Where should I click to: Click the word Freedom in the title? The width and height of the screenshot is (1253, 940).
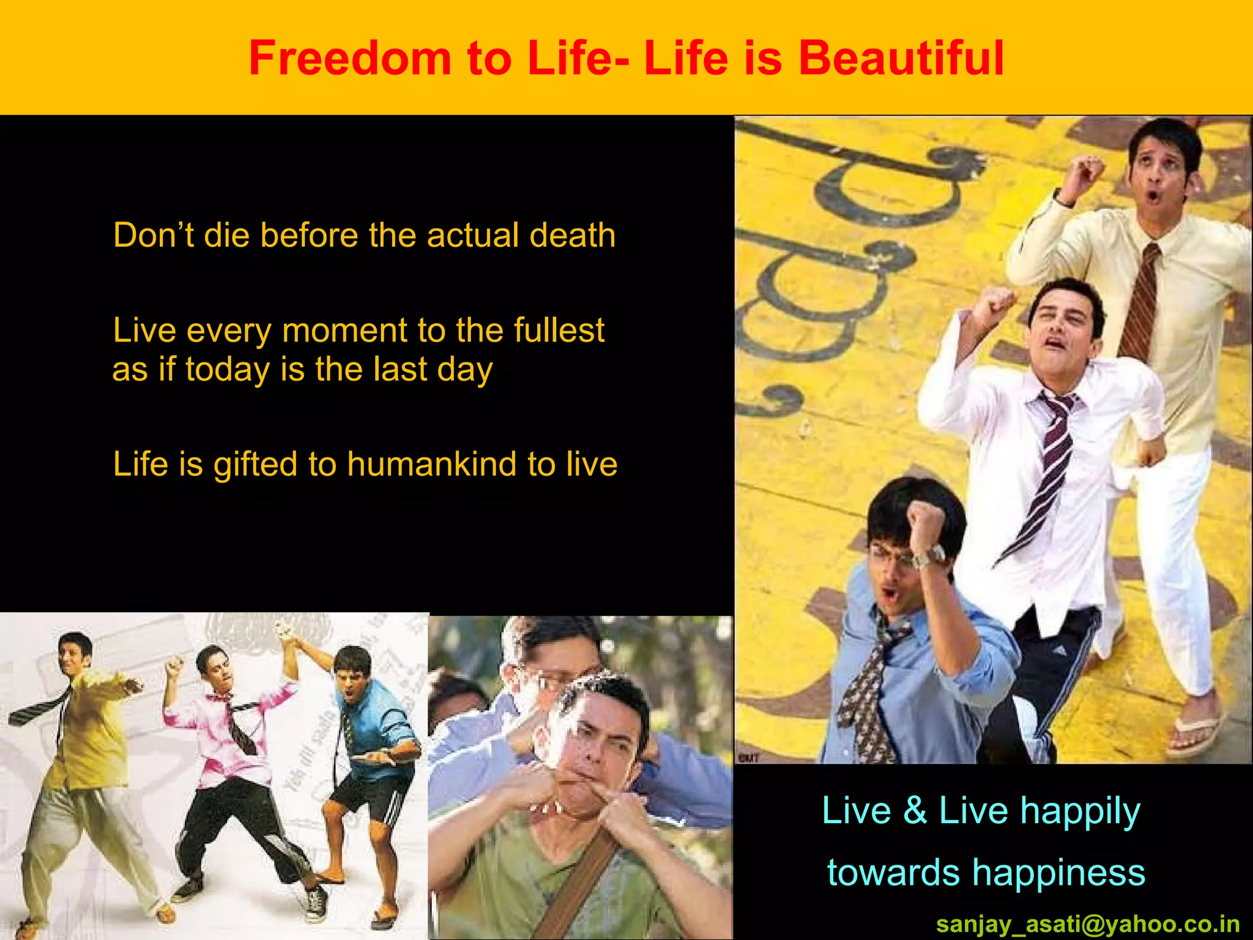pos(349,58)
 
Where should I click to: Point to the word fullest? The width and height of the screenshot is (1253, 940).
pos(559,330)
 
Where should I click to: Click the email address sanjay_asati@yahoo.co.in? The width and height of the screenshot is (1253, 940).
pos(1088,923)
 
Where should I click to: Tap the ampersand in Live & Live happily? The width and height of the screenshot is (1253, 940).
pos(915,810)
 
